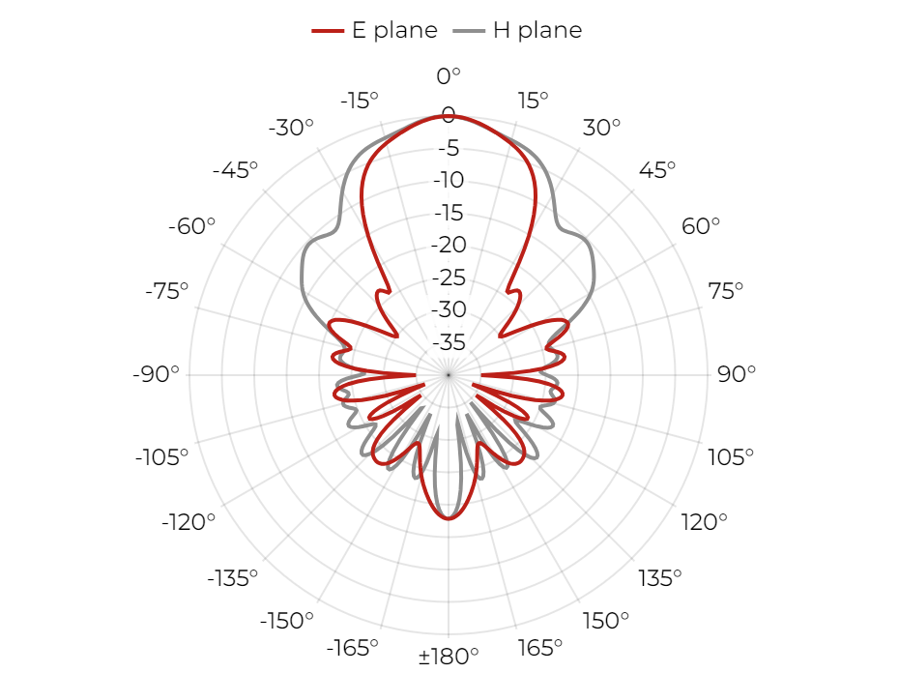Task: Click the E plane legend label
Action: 394,30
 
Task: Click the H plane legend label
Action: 537,30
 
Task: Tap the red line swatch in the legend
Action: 328,31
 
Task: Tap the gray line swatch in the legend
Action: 469,31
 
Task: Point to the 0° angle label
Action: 449,75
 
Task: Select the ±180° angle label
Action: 449,656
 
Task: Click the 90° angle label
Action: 737,374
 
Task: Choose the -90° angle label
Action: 156,374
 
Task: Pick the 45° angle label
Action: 657,170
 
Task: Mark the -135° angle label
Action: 233,578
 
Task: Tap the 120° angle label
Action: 704,522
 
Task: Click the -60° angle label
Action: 191,226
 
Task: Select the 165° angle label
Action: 539,648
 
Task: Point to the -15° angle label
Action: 360,101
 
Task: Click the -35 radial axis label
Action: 449,342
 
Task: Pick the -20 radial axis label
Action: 449,245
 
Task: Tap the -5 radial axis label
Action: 449,148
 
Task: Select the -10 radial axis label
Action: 449,180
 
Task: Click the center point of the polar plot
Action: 449,374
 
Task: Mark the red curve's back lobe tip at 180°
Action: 449,518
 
